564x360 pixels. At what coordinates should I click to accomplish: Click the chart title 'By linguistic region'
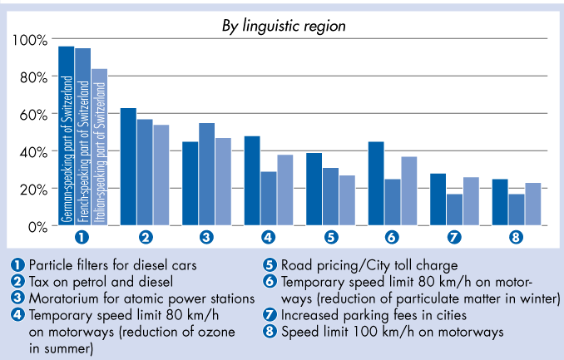click(x=283, y=26)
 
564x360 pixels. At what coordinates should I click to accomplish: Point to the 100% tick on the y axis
click(x=30, y=40)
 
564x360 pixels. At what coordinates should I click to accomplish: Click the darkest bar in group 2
click(x=128, y=166)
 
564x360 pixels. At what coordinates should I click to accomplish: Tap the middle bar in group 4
click(x=268, y=199)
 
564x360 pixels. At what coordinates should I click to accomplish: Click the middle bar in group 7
click(x=454, y=210)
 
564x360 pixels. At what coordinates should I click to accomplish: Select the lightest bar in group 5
click(x=346, y=200)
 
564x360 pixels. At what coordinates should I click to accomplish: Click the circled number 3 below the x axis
click(x=206, y=238)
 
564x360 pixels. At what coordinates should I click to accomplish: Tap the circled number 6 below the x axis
click(x=393, y=238)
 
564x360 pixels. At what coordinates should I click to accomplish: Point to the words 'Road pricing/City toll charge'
click(x=368, y=266)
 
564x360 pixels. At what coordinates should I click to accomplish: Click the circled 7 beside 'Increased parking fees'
click(x=269, y=315)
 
